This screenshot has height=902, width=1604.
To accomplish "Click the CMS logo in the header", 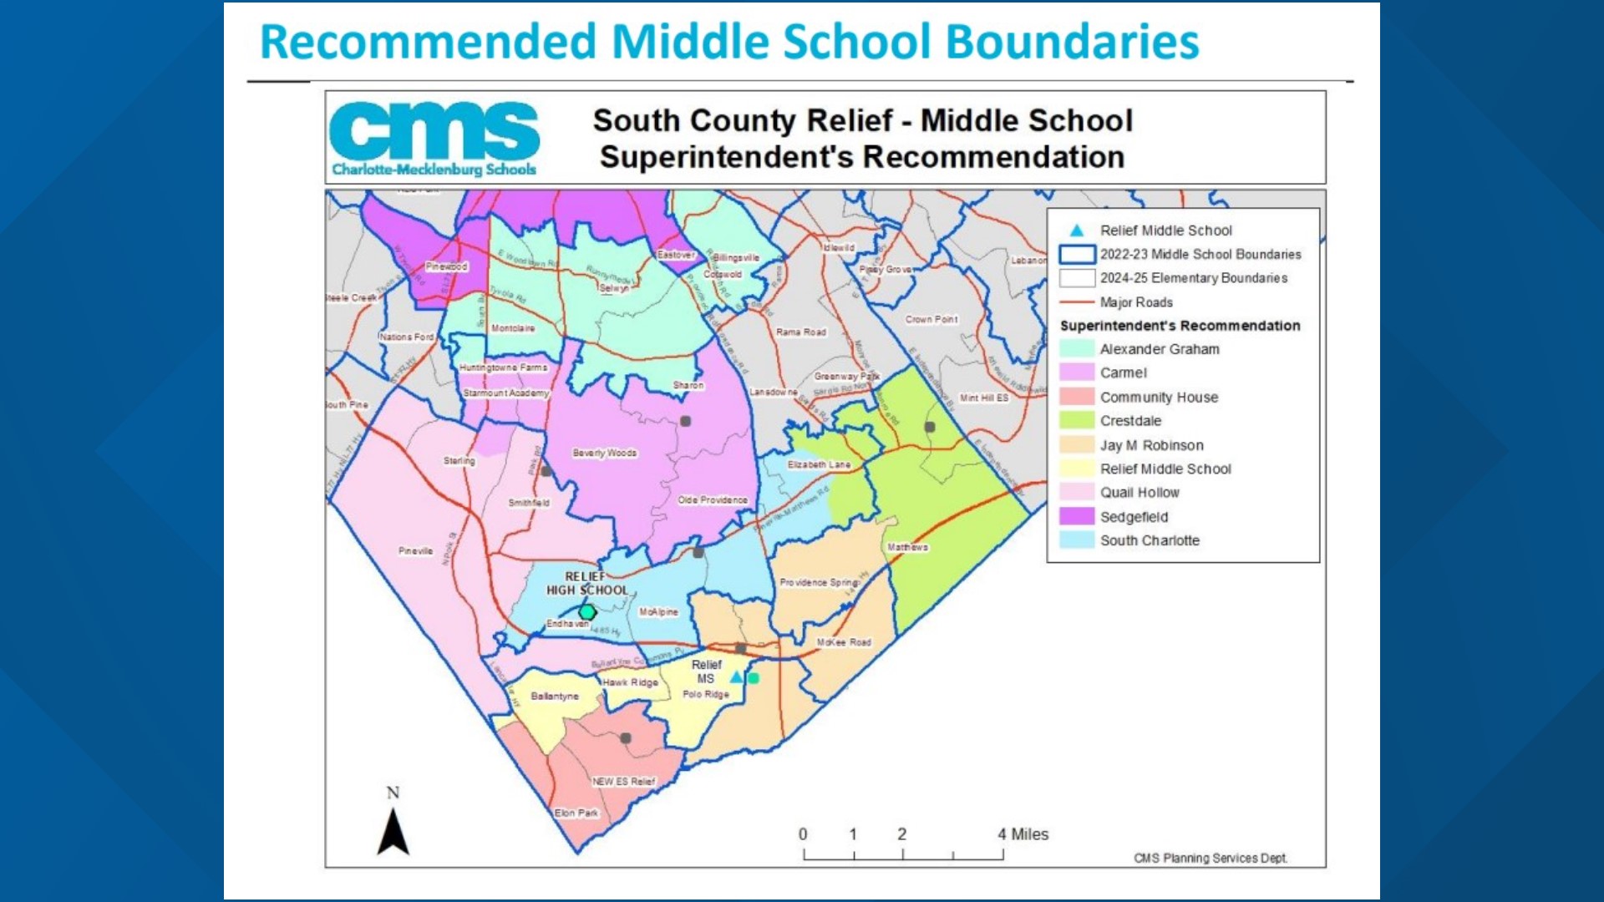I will [434, 139].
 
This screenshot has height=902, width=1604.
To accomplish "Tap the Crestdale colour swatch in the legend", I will [1076, 421].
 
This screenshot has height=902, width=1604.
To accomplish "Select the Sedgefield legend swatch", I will [1076, 517].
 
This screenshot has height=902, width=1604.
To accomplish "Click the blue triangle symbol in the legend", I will [1077, 231].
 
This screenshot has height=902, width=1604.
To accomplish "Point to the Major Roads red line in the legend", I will [1076, 302].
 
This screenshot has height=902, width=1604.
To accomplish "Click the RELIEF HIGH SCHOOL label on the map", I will [586, 583].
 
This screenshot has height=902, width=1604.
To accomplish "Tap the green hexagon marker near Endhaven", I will [587, 612].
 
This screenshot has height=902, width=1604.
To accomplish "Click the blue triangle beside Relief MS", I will [736, 677].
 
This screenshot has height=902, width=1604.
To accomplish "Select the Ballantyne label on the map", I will [555, 696].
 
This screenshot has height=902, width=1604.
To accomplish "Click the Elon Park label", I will [576, 813].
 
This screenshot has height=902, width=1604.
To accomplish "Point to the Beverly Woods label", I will [604, 453].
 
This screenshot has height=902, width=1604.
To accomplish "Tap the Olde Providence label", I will [712, 499].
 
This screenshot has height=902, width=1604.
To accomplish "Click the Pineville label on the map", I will [415, 550].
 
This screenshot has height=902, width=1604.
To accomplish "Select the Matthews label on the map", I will [907, 547].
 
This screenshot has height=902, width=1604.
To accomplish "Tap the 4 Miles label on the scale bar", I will [1023, 834].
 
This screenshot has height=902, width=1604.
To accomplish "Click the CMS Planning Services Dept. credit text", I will [1210, 858].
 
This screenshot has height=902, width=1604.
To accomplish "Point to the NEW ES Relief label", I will [623, 782].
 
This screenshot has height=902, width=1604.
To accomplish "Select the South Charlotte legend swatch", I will [1076, 540].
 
